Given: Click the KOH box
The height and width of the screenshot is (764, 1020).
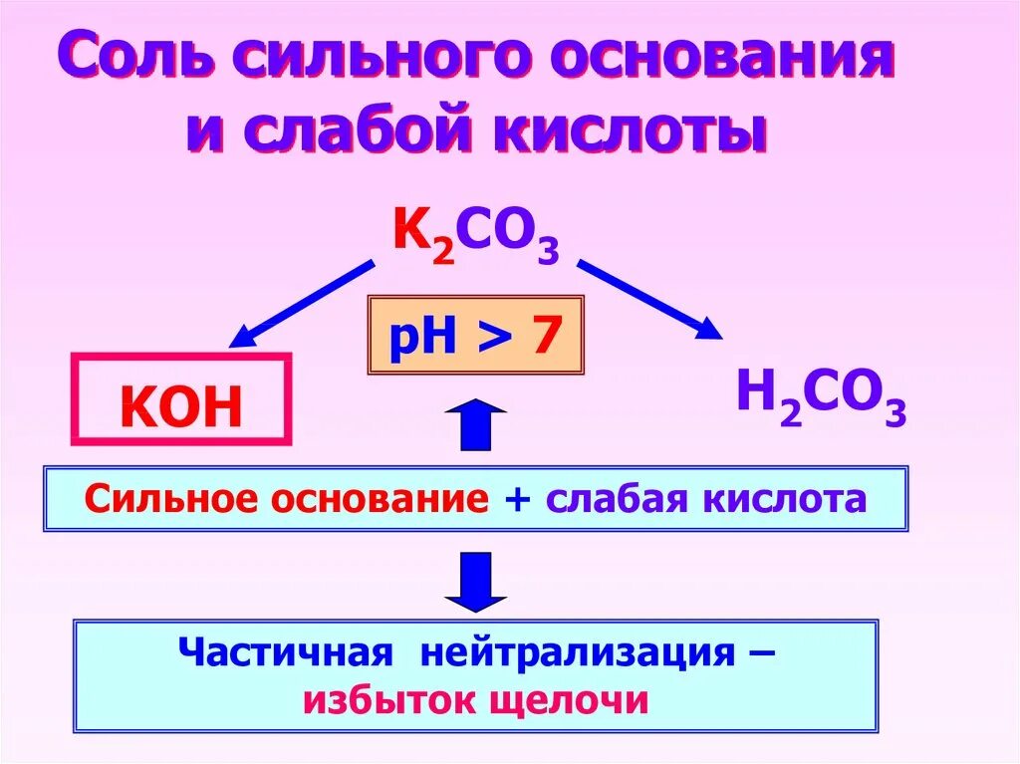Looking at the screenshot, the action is point(180,398).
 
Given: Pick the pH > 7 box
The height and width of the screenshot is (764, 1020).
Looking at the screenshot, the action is point(474,335).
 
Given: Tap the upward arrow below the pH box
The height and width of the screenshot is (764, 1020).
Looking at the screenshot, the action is point(476,424).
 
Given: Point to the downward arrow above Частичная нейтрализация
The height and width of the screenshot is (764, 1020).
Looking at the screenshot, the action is point(476,582).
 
